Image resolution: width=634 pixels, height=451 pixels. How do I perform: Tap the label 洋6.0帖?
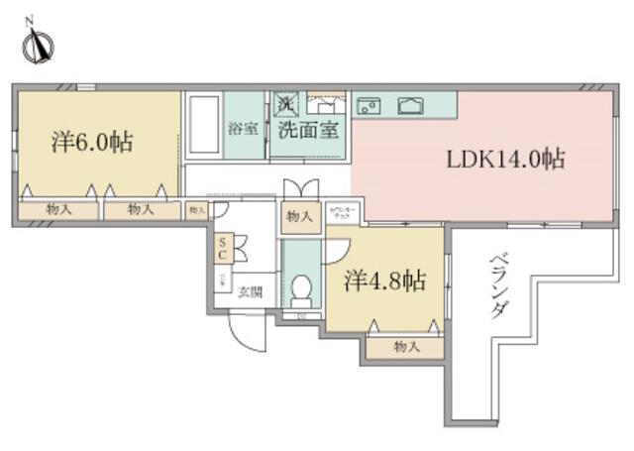91,142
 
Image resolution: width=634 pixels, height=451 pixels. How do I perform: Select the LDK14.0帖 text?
505,159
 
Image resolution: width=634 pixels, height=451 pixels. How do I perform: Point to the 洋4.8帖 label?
385,282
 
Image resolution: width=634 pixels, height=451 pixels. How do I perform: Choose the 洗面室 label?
310,129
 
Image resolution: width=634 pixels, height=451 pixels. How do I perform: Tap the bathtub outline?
204,127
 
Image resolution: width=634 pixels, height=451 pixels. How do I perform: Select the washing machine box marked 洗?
286,101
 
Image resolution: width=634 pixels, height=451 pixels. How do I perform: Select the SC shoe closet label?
224,247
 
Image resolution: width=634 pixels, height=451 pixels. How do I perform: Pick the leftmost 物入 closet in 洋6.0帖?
57,209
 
